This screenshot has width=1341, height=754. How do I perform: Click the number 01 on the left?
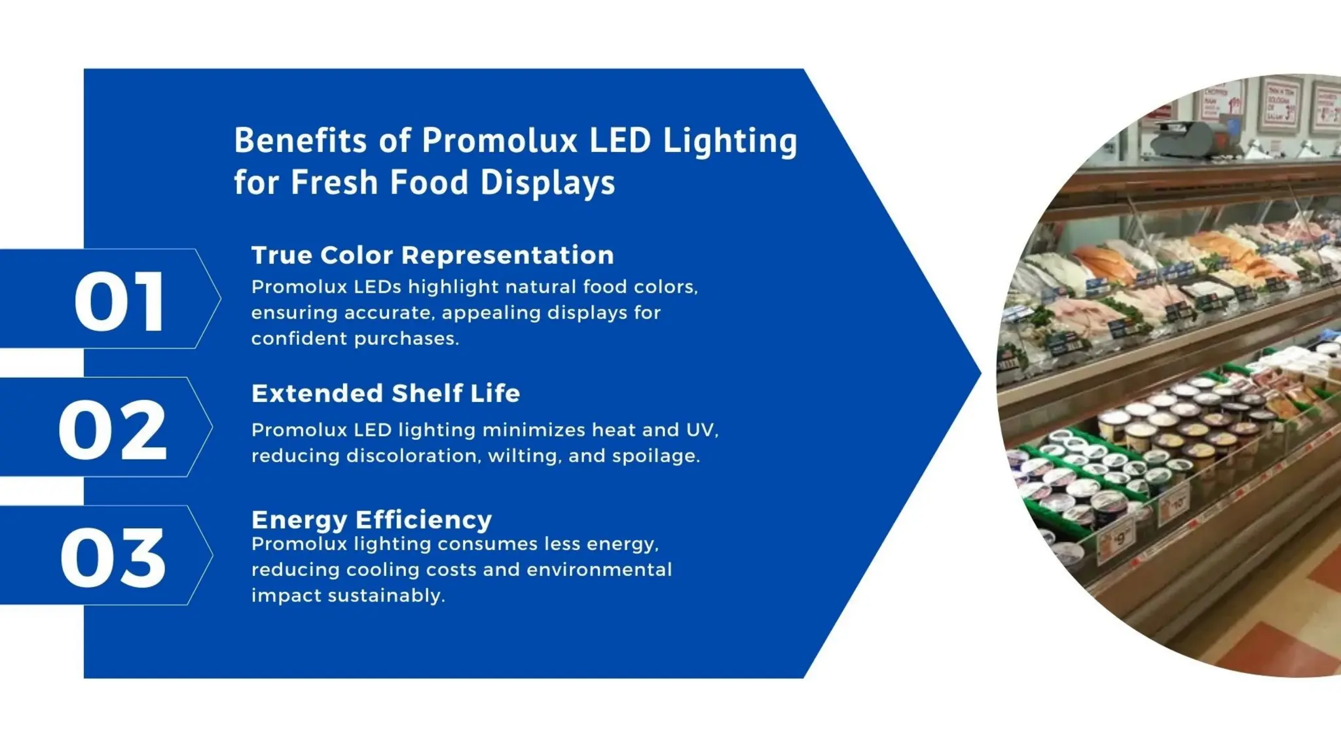[119, 302]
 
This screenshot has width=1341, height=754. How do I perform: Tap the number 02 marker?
[113, 430]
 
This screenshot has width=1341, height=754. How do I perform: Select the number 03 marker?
[113, 558]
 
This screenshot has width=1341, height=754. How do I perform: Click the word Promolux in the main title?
[500, 141]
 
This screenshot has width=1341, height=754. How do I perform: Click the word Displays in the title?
[547, 183]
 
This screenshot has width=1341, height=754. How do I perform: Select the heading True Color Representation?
[432, 255]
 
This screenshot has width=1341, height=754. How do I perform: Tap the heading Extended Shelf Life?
[386, 393]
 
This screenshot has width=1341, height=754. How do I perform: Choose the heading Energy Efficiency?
[371, 520]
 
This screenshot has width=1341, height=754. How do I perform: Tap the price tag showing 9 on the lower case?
[1121, 538]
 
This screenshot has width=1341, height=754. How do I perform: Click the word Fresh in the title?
[334, 183]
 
